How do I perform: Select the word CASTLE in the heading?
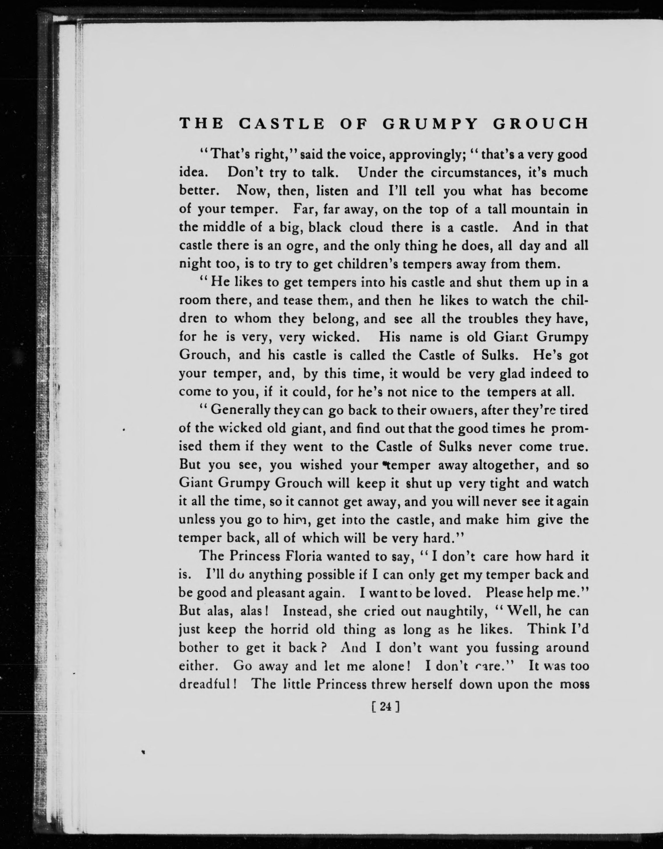(x=281, y=124)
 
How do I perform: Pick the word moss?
(x=574, y=684)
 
